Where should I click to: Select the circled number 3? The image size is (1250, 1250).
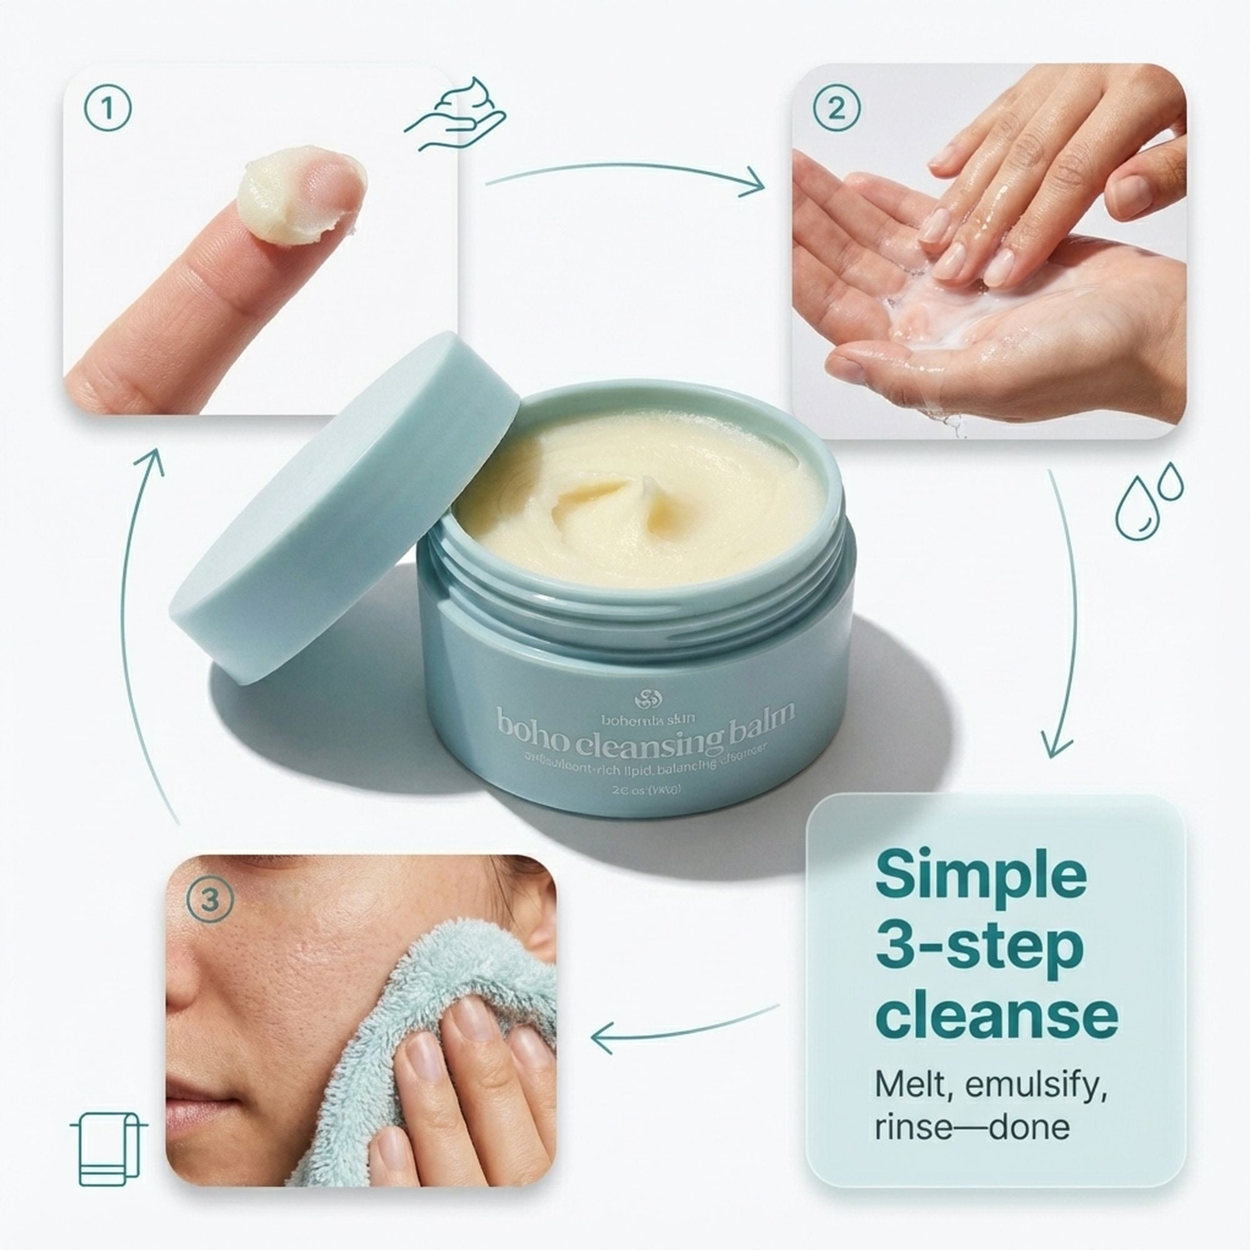tap(209, 900)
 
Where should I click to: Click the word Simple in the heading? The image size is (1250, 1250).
tap(980, 874)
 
